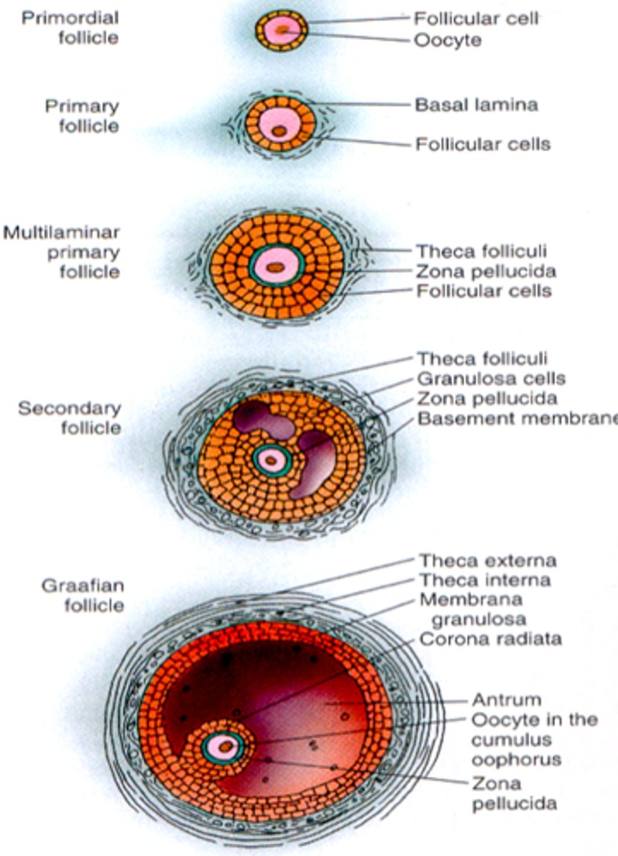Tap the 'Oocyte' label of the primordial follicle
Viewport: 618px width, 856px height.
(447, 40)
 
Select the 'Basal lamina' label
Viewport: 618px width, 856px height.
(476, 105)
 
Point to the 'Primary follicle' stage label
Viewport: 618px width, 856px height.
(82, 116)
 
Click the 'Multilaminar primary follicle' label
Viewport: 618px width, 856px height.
(61, 253)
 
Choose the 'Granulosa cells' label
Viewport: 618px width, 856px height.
(491, 379)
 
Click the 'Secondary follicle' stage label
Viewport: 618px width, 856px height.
(70, 419)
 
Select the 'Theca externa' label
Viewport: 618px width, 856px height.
(487, 561)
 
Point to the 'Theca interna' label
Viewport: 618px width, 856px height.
(485, 581)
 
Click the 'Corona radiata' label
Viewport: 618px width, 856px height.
(490, 638)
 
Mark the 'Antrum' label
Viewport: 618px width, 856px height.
(506, 700)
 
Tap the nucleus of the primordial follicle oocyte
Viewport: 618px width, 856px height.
(283, 30)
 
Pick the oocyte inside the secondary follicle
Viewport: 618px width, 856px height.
(270, 459)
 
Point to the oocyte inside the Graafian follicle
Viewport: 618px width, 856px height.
(224, 747)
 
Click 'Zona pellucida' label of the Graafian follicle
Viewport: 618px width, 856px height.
(513, 794)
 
